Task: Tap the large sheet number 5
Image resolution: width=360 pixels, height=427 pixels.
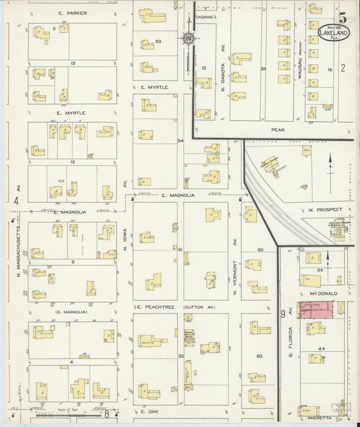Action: coord(344,10)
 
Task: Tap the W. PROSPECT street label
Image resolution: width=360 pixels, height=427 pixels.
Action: coord(326,209)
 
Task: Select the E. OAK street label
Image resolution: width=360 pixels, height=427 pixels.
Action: coord(149,410)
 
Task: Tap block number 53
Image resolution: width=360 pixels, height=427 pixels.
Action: coord(159,42)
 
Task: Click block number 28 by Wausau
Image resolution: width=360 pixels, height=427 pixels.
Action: coord(264,69)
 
